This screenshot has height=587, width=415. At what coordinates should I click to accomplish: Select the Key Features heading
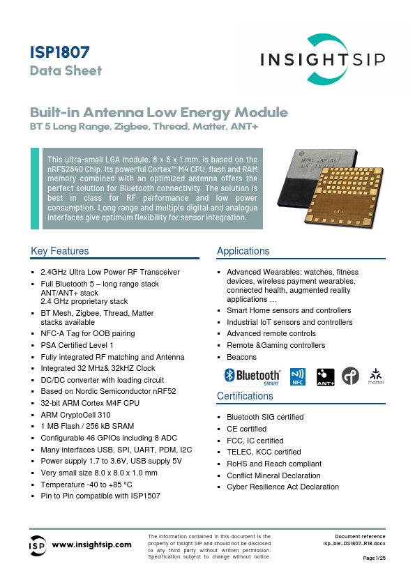pyautogui.click(x=60, y=251)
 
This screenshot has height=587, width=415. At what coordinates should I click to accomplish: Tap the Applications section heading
pyautogui.click(x=243, y=251)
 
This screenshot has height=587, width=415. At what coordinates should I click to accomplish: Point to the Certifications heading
pyautogui.click(x=245, y=396)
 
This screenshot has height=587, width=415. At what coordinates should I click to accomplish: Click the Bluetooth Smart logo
pyautogui.click(x=252, y=376)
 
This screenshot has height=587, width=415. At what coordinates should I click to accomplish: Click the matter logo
pyautogui.click(x=376, y=376)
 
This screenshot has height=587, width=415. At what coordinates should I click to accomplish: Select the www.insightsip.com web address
pyautogui.click(x=92, y=544)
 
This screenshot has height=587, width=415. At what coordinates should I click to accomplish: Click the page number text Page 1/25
pyautogui.click(x=375, y=558)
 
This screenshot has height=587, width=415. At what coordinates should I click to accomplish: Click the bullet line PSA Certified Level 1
pyautogui.click(x=77, y=345)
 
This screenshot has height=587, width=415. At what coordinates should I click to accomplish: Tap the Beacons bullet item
pyautogui.click(x=241, y=357)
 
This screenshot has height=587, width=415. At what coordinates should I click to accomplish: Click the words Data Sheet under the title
pyautogui.click(x=66, y=70)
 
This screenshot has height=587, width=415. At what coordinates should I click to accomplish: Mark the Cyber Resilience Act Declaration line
pyautogui.click(x=282, y=487)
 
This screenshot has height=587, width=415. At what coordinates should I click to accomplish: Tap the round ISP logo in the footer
pyautogui.click(x=37, y=544)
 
